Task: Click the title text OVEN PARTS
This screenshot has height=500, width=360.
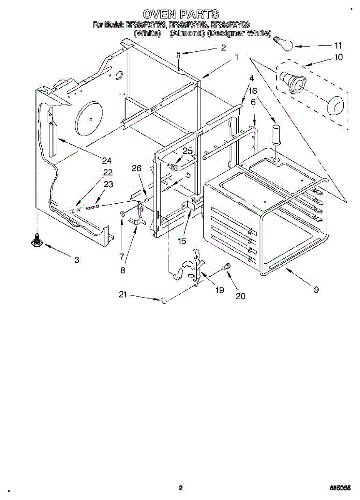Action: click(181, 15)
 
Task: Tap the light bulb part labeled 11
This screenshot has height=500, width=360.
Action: click(282, 42)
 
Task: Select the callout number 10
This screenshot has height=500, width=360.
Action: click(338, 57)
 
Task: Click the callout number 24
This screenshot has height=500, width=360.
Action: click(107, 160)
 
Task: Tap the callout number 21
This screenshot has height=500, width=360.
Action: click(122, 295)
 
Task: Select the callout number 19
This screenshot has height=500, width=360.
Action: click(220, 290)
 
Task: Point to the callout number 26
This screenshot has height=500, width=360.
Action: click(136, 168)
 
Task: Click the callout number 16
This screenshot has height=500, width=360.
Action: click(253, 90)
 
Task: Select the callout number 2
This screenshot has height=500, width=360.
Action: click(223, 48)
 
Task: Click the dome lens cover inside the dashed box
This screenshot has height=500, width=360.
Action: click(336, 106)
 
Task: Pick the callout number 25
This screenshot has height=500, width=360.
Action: click(188, 151)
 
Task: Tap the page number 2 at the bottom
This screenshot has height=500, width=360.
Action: click(180, 488)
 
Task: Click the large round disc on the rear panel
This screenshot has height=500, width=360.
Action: click(88, 118)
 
